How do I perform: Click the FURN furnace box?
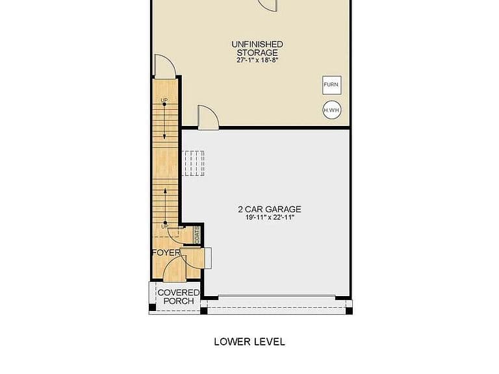(332, 85)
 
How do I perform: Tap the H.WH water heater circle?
(332, 110)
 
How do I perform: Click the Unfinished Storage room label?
(257, 48)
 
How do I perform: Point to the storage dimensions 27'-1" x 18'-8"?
(257, 60)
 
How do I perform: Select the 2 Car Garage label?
(270, 209)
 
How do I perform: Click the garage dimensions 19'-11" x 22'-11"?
(270, 218)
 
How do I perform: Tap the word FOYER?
(166, 253)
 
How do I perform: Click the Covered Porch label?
(179, 297)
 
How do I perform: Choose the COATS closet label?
(197, 234)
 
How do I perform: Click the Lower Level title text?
(249, 342)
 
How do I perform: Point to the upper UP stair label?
(164, 100)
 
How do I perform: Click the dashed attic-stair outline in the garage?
(193, 163)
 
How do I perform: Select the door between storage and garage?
(208, 118)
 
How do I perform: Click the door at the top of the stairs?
(164, 66)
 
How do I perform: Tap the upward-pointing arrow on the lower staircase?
(165, 206)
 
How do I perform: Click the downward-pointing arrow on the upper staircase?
(164, 121)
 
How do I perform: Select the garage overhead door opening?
(277, 296)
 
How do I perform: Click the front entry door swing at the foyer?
(174, 269)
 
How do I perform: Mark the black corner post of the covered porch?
(153, 308)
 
